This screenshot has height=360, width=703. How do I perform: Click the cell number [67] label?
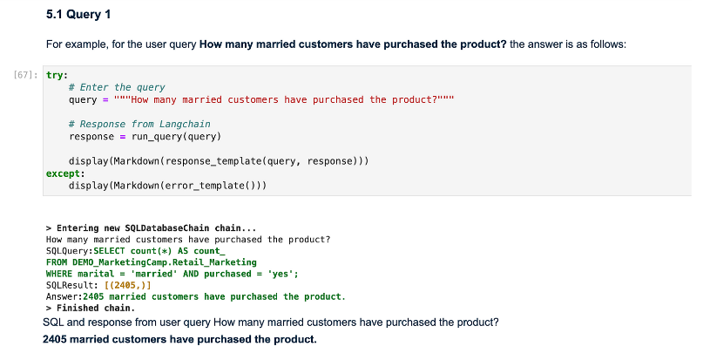tap(26, 76)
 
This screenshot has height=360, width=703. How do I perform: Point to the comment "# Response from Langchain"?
tap(139, 125)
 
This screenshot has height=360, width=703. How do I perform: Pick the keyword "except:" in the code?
tap(63, 173)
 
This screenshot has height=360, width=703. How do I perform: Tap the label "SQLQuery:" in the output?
tap(68, 250)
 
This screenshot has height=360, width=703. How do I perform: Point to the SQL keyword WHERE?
tap(59, 273)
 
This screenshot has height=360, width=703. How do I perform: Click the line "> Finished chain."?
tap(89, 308)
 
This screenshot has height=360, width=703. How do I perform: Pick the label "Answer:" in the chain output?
tap(62, 296)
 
